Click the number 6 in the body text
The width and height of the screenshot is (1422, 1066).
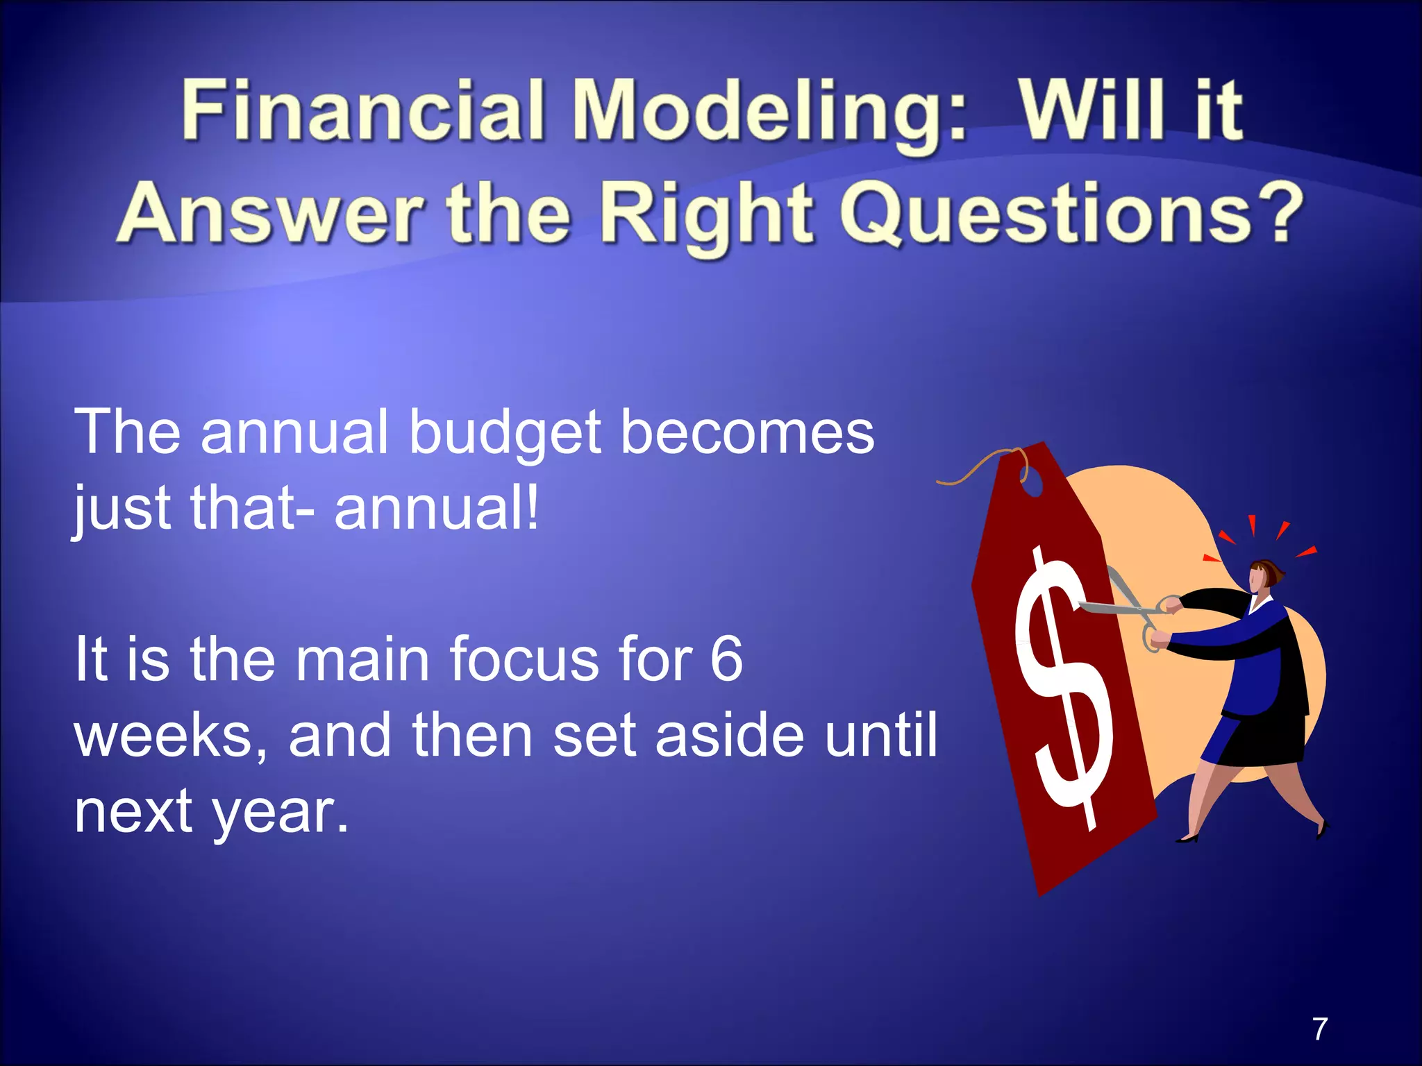(726, 659)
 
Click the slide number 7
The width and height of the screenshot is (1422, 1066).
(1320, 1029)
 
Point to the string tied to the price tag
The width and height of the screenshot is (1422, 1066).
(972, 468)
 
